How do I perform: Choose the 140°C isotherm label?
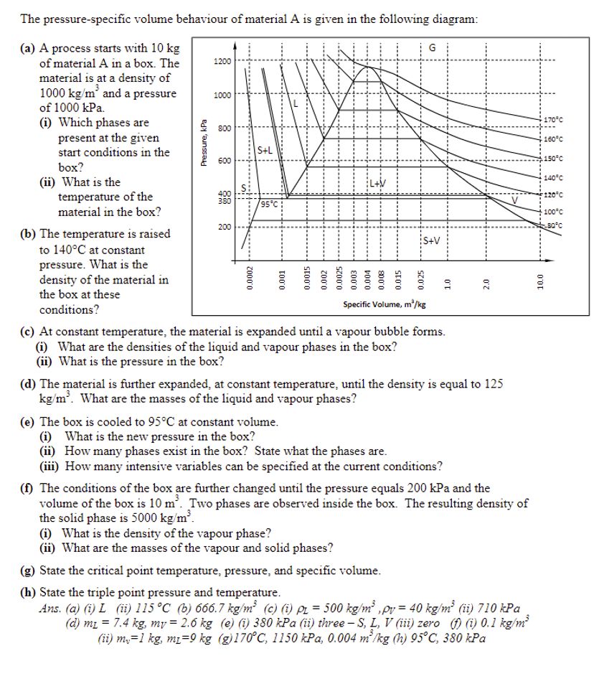pyautogui.click(x=554, y=178)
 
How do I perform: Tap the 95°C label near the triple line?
pyautogui.click(x=270, y=204)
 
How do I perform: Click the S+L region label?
pyautogui.click(x=264, y=149)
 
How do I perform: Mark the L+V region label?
pyautogui.click(x=378, y=182)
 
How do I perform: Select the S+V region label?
pyautogui.click(x=432, y=240)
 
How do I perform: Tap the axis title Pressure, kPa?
pyautogui.click(x=204, y=143)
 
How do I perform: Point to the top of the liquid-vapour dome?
pyautogui.click(x=369, y=67)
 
